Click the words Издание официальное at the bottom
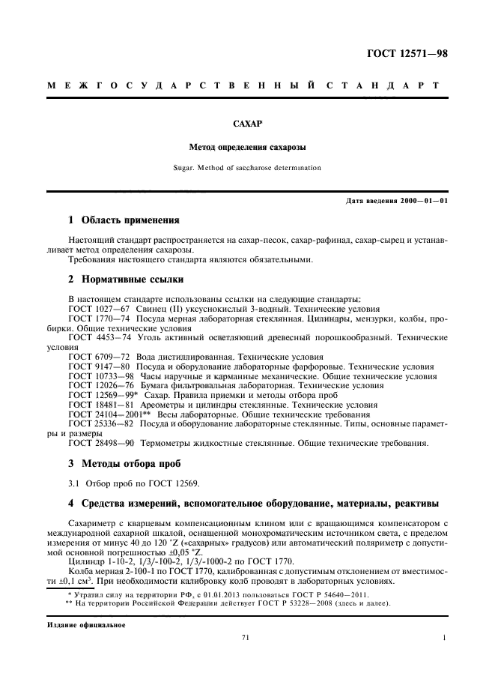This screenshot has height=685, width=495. point(83,624)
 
